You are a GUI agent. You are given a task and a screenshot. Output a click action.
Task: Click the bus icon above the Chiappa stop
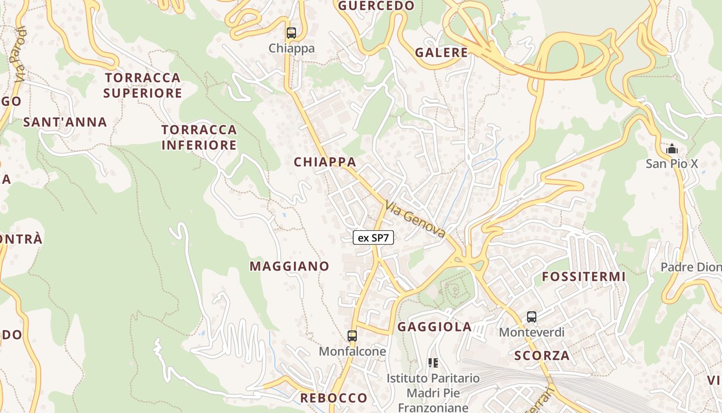tap(291, 33)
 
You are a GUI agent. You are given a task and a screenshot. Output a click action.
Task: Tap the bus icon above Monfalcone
tap(352, 336)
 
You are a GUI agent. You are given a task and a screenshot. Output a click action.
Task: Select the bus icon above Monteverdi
tap(532, 317)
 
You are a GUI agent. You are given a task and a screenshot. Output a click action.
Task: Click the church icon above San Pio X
tap(671, 149)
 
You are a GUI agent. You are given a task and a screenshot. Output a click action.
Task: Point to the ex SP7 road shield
tap(373, 237)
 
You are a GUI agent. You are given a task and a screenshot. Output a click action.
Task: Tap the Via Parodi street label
tap(21, 54)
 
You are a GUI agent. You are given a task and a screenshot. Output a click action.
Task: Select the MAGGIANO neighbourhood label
tap(289, 266)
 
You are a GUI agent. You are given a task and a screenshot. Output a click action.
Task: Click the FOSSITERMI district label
tap(584, 277)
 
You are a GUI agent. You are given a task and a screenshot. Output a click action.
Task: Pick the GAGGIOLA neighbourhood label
tap(435, 327)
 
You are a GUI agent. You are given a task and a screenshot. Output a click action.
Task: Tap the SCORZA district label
tap(542, 355)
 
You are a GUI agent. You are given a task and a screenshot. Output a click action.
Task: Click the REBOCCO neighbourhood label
tap(334, 398)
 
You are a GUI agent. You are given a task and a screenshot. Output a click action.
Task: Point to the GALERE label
tap(441, 53)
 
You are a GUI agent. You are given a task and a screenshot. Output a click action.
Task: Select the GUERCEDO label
tap(376, 6)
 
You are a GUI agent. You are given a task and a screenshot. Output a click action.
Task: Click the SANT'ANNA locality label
tap(65, 122)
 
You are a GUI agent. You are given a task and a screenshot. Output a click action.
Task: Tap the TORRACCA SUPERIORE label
tap(143, 85)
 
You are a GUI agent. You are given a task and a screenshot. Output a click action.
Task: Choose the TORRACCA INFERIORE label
tap(199, 137)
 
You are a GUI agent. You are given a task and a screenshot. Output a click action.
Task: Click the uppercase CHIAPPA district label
tap(325, 162)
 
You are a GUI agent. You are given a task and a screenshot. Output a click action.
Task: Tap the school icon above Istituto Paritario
tap(433, 363)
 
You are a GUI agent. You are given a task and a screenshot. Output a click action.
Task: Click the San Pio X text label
tap(672, 164)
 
